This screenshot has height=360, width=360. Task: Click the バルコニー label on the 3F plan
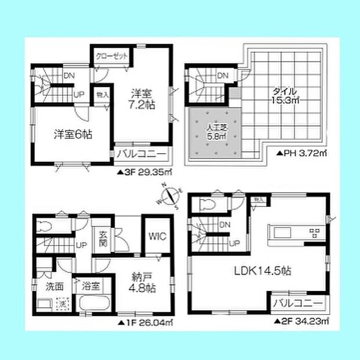142,154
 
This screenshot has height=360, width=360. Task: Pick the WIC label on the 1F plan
156,236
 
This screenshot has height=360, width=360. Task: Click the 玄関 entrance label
102,237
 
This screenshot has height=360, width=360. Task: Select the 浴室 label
91,286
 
